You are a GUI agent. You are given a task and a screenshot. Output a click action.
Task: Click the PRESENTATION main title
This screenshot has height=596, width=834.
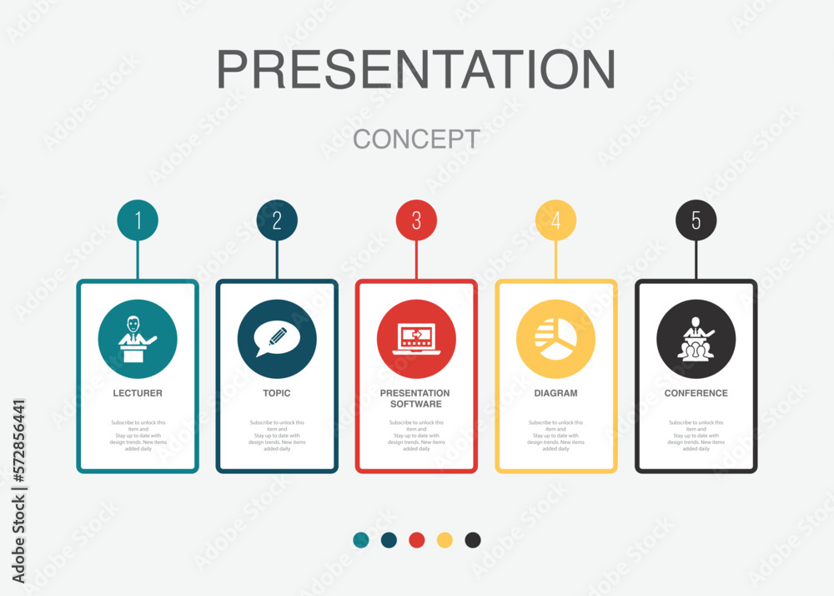pos(416,69)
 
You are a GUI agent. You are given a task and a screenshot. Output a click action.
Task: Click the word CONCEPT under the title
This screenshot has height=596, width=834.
pos(416,139)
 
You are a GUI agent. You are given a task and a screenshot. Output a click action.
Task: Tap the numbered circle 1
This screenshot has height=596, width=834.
pos(138,220)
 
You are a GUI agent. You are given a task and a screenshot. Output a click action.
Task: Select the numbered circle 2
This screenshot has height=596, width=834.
pos(277,220)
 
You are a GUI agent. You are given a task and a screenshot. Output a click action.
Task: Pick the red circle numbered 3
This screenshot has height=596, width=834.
pos(416,220)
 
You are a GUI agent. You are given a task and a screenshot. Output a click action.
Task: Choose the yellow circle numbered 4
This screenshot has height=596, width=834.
pos(555,220)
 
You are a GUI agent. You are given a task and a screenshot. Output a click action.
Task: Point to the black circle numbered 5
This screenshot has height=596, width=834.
pos(696,220)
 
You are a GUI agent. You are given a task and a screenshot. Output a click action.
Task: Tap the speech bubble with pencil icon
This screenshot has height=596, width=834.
pos(277,339)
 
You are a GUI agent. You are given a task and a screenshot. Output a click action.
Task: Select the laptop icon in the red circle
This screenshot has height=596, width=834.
pos(416,339)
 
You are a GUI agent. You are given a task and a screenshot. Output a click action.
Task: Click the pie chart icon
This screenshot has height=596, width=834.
pos(555,339)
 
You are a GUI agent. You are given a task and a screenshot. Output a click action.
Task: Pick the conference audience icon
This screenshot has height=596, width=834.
pos(696,339)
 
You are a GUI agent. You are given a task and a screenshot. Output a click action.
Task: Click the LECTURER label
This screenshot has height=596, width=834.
pos(138,393)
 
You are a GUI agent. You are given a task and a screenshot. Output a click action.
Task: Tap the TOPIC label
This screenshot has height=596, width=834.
pos(277,393)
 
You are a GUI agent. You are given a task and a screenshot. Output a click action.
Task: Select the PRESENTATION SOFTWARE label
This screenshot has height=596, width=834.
pos(415,398)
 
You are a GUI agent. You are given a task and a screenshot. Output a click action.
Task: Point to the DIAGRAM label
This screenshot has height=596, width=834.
pos(555,393)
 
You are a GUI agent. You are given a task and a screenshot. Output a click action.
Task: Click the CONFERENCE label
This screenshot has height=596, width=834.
pos(696,393)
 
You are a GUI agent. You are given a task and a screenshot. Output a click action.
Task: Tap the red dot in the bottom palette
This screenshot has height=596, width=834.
pos(417,540)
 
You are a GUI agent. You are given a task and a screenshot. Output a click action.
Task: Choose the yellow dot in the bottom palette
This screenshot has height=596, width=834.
pos(445,540)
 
